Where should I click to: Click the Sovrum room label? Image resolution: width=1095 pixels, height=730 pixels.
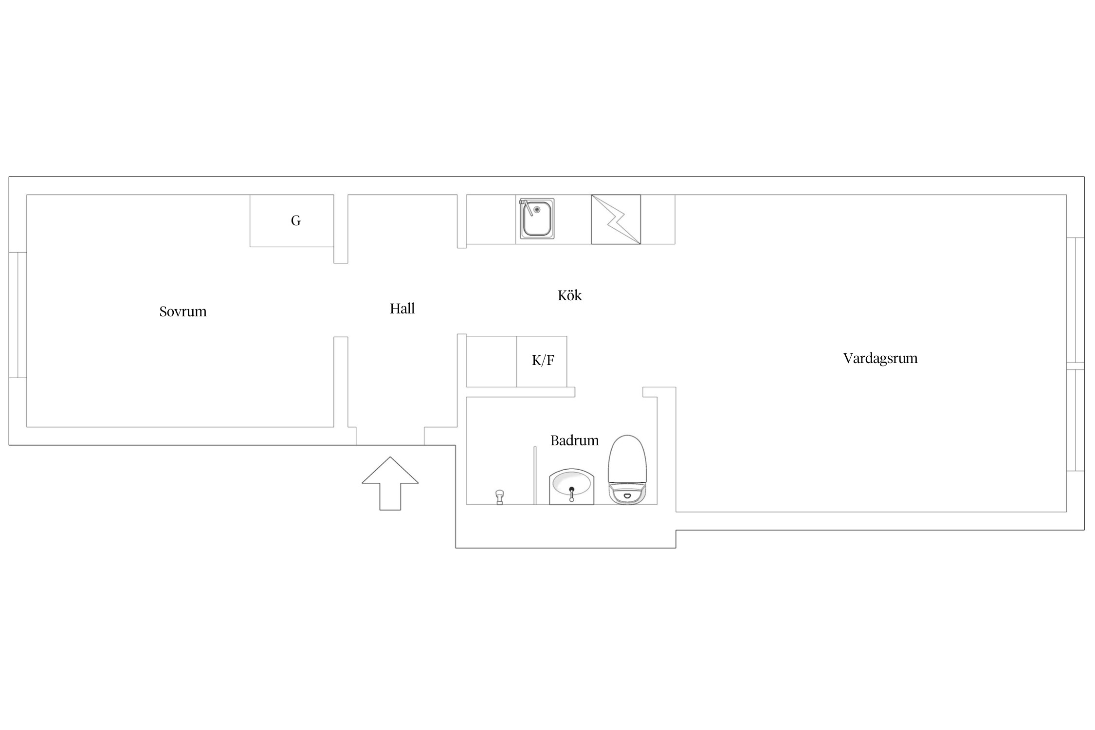183,311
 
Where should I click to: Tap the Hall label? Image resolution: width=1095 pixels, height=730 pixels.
402,309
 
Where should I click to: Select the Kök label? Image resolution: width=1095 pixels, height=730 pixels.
569,295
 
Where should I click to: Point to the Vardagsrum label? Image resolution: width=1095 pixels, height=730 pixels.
880,358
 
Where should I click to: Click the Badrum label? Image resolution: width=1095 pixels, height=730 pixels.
574,440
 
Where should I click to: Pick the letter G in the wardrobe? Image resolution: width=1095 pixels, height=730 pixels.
295,221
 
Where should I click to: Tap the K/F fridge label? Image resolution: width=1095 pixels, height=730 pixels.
543,361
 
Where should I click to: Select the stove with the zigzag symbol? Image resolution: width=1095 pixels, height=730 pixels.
616,219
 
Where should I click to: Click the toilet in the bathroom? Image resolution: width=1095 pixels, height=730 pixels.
627,470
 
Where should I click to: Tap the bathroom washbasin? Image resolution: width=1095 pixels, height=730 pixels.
571,486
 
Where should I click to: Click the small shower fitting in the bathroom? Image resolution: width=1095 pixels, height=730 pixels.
499,497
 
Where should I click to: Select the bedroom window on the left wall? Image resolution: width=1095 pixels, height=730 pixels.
18,315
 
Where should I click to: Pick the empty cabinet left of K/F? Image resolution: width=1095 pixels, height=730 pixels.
491,362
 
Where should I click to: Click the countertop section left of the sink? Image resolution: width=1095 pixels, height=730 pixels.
491,219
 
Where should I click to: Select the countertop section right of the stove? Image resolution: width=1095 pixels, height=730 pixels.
657,219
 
